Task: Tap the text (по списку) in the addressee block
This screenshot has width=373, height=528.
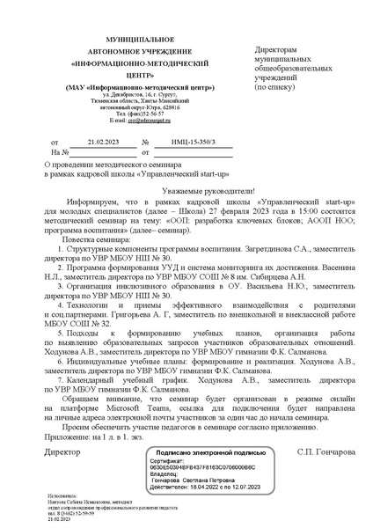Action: click(276, 89)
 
